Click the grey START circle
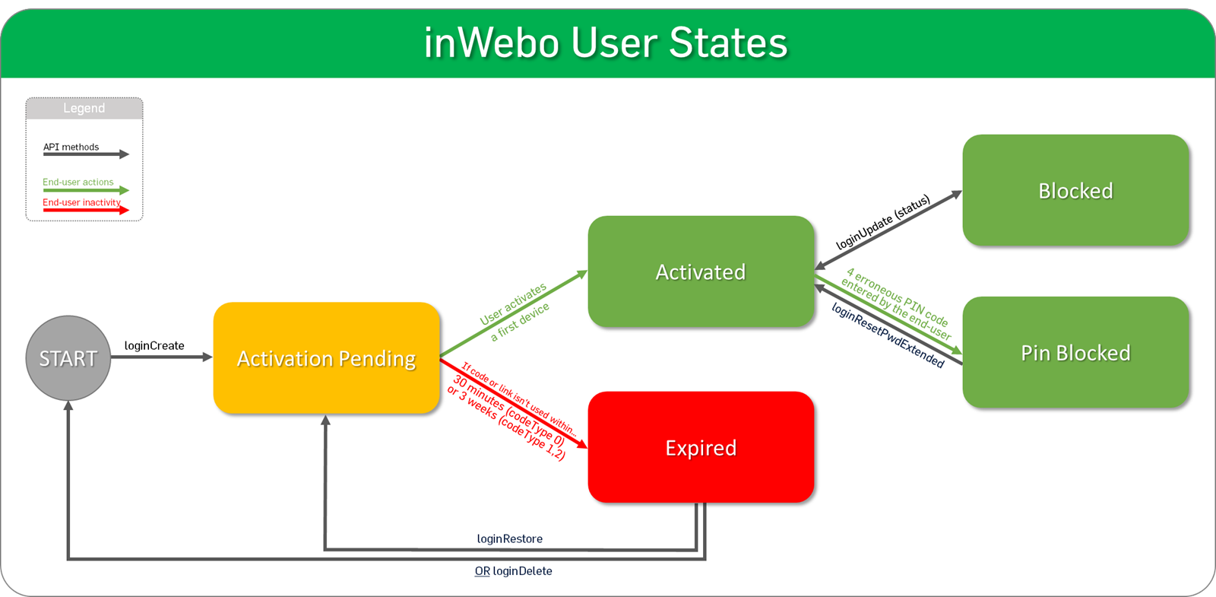[x=68, y=358]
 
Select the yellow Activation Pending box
[x=327, y=358]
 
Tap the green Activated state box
[x=701, y=272]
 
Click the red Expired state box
[x=701, y=448]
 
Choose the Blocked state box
[x=1075, y=191]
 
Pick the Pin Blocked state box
[x=1075, y=353]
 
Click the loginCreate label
[x=154, y=346]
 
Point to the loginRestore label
[x=509, y=539]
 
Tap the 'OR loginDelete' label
[x=513, y=571]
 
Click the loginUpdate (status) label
[x=882, y=223]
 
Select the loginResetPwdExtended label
[x=888, y=335]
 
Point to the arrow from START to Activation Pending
[x=161, y=357]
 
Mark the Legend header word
[x=84, y=109]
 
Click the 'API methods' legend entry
[x=71, y=148]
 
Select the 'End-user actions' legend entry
[x=78, y=183]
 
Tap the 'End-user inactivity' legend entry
[x=81, y=203]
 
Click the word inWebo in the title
[x=492, y=43]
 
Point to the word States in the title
[x=728, y=43]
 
